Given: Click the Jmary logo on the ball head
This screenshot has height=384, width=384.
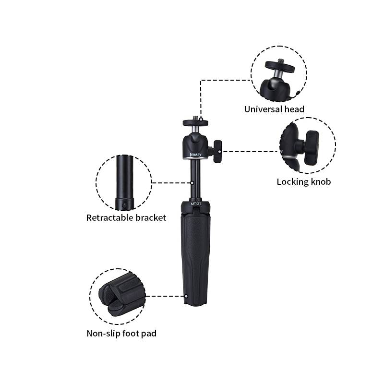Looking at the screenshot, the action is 195,154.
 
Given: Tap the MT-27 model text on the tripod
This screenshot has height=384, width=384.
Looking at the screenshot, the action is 196,204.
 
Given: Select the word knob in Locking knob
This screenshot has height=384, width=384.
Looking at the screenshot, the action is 321,182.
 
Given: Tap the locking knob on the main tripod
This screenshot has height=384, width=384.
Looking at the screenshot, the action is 217,151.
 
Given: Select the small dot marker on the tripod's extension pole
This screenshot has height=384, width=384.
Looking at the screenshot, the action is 192,183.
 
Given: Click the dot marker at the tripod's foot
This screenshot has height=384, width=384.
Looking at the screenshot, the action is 186,296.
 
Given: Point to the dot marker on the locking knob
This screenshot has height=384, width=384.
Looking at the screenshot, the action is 219,152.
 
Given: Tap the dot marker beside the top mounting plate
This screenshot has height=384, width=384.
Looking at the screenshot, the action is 201,119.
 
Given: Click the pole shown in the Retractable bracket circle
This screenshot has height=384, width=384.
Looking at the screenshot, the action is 125,182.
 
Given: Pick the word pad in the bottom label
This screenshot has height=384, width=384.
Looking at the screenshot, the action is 149,334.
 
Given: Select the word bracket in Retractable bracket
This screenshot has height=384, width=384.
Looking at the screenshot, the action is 151,218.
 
